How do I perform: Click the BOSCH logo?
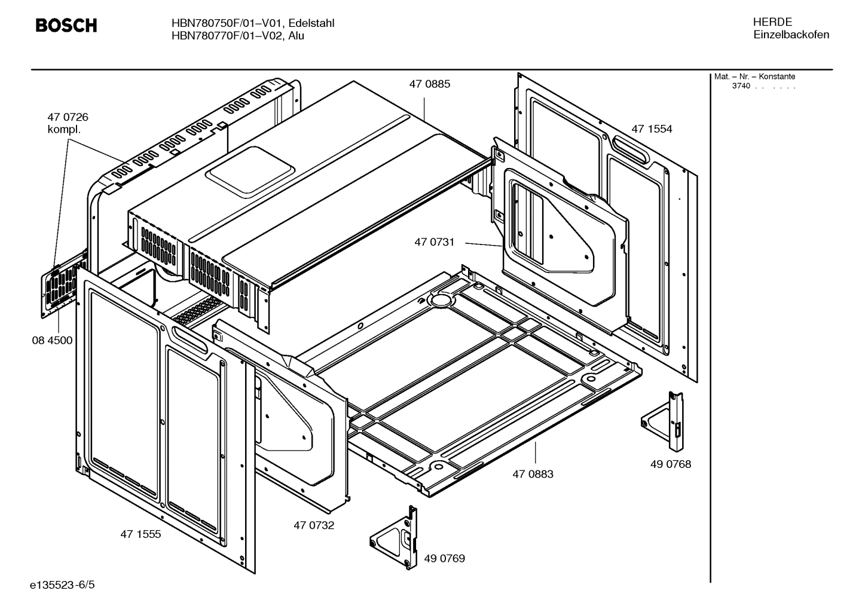(x=66, y=26)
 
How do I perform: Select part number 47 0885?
(x=429, y=84)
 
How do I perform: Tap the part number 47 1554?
(x=652, y=129)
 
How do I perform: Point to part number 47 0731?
(x=435, y=242)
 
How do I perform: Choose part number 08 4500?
(x=52, y=341)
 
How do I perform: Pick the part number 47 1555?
(x=140, y=534)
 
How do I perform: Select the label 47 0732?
(x=314, y=525)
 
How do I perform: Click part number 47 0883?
(x=533, y=474)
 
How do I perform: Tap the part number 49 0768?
(x=671, y=464)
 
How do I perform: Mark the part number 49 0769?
(x=444, y=558)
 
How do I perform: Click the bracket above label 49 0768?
(x=664, y=422)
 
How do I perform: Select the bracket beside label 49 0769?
(x=395, y=537)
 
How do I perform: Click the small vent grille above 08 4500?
(x=60, y=287)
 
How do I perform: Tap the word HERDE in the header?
(x=772, y=22)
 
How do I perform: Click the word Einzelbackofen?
(x=791, y=35)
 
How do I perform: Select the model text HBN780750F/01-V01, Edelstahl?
(x=252, y=23)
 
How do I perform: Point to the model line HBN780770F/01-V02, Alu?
(x=237, y=36)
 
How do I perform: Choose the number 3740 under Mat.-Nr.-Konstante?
(x=741, y=86)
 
